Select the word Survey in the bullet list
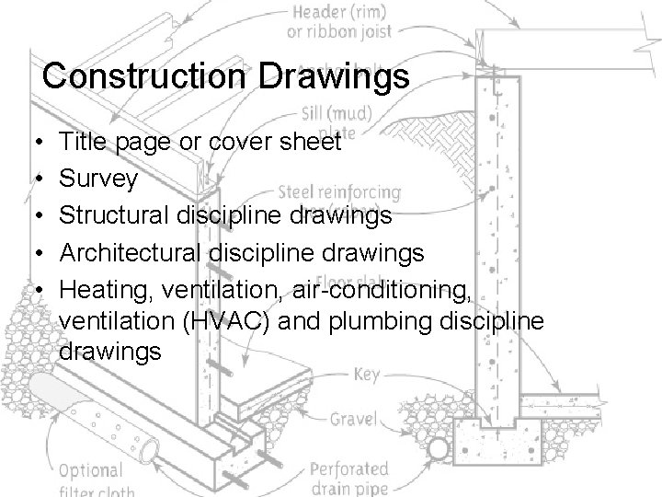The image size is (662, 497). click(97, 179)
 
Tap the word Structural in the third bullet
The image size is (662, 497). click(108, 215)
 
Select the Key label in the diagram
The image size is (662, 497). click(366, 376)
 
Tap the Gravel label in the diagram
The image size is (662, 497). click(354, 420)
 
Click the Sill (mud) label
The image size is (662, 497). click(337, 116)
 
